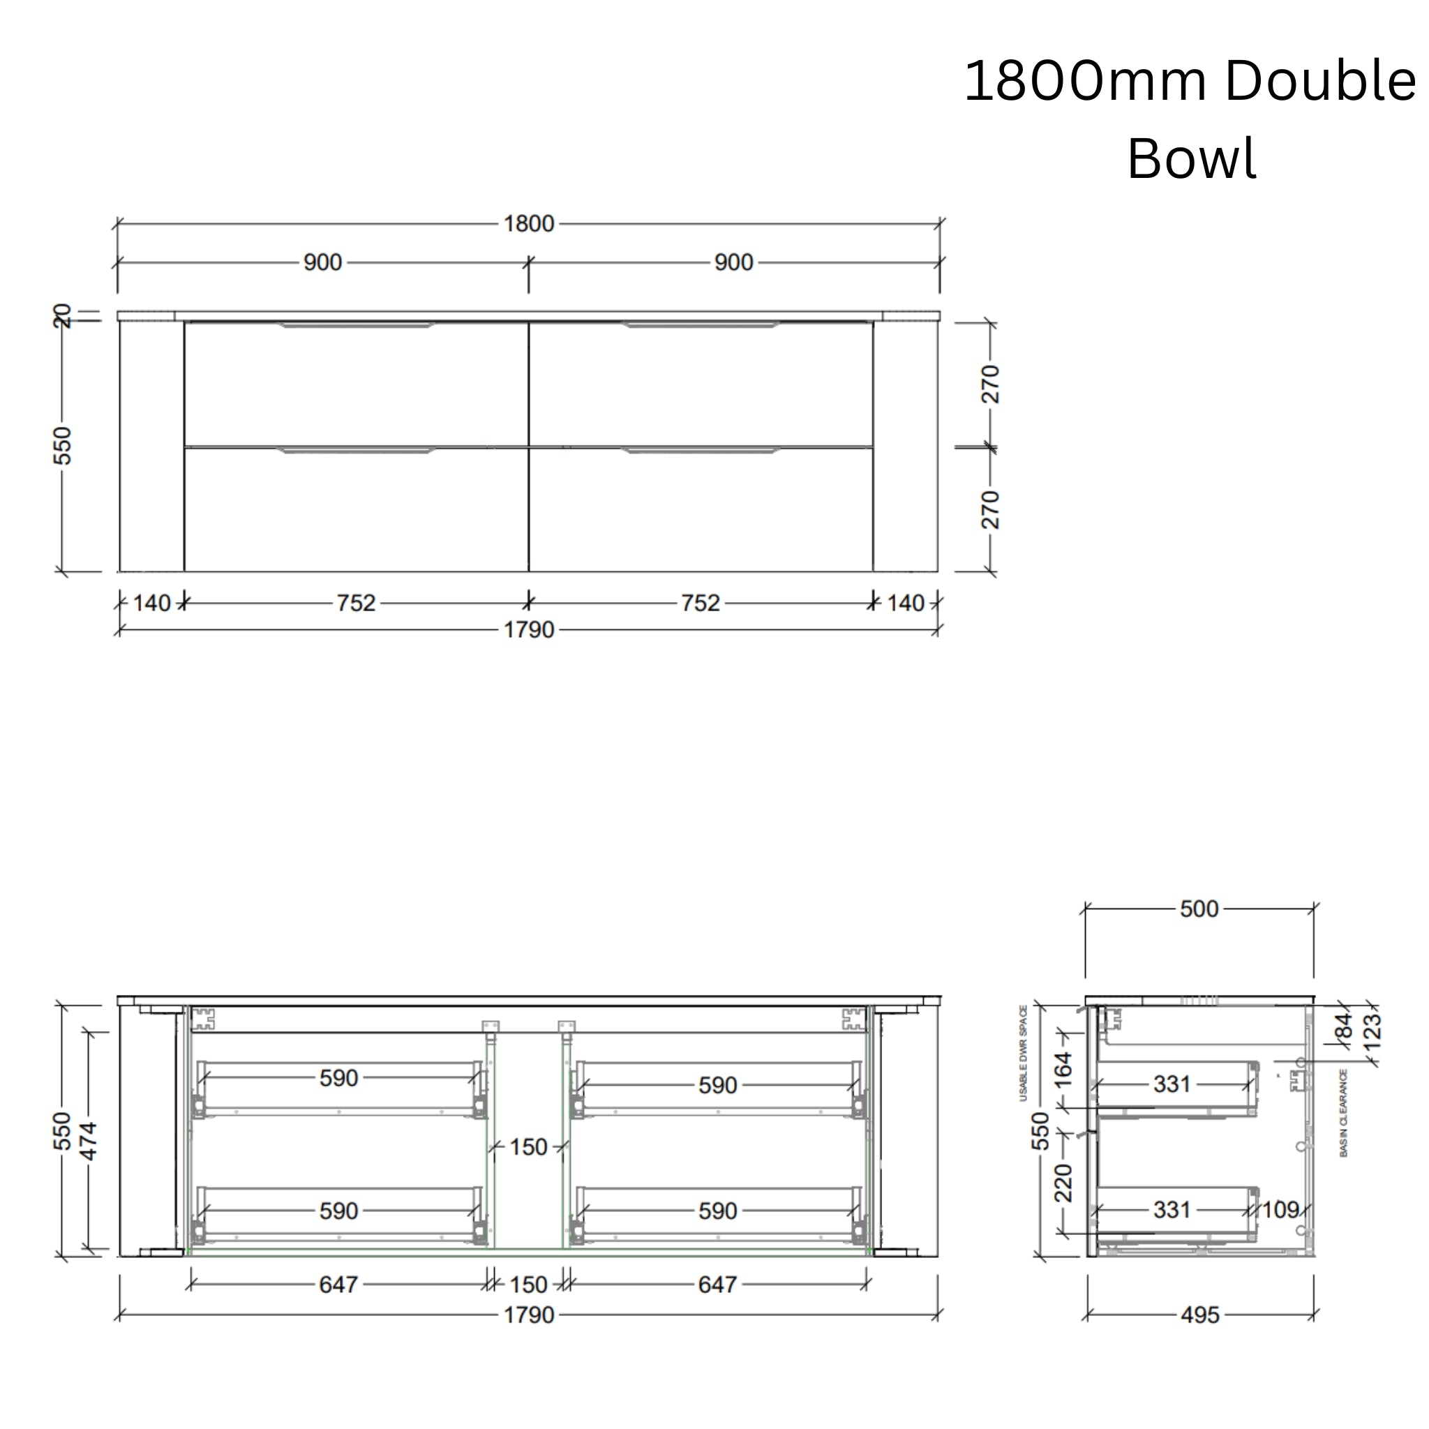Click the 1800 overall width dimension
click(x=528, y=223)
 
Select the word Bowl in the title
click(x=1191, y=158)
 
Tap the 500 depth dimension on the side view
click(x=1198, y=909)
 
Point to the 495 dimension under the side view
click(x=1199, y=1316)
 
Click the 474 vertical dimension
click(x=88, y=1142)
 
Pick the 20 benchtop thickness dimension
click(x=63, y=316)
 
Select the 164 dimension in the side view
click(x=1063, y=1070)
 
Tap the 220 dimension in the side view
click(x=1063, y=1183)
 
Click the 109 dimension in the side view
click(x=1280, y=1210)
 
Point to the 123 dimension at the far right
click(x=1372, y=1031)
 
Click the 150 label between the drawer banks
click(x=528, y=1147)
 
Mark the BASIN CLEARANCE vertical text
click(x=1343, y=1113)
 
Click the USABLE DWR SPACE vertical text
click(x=1024, y=1053)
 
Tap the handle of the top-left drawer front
click(x=356, y=324)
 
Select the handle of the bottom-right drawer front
click(x=701, y=450)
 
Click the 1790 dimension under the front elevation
click(x=528, y=630)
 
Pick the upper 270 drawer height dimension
click(x=990, y=384)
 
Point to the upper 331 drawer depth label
click(x=1172, y=1084)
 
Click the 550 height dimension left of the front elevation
click(x=63, y=445)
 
